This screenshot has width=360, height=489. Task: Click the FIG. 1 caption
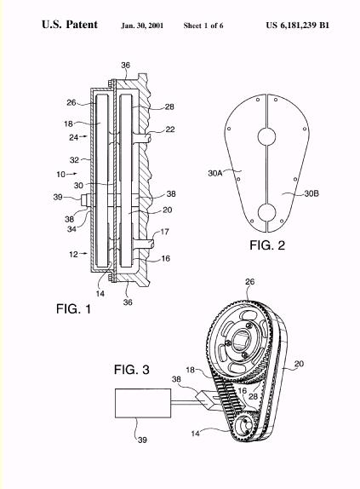point(73,308)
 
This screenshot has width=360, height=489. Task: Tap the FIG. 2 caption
point(267,245)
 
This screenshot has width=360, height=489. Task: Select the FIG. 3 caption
point(131,370)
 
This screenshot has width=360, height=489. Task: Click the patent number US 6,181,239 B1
point(297,26)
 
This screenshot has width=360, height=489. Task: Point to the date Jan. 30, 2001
point(142,26)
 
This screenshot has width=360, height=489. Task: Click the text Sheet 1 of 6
point(203,26)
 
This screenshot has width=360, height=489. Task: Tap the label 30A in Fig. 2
point(214,173)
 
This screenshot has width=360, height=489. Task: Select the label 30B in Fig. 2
point(311,193)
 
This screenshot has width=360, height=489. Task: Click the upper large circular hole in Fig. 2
point(267,136)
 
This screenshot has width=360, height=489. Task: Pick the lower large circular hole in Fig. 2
point(267,212)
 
